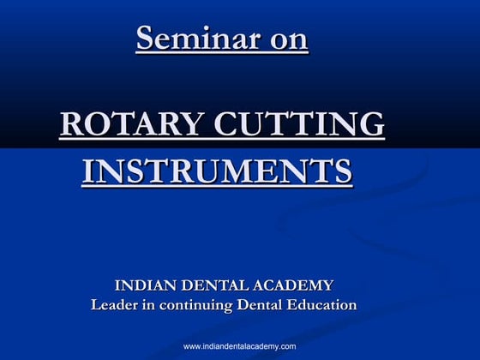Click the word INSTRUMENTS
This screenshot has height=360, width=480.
[217, 171]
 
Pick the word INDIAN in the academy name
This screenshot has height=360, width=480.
[147, 285]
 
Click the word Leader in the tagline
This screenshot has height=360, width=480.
[115, 304]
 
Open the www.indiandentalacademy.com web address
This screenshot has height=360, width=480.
[240, 346]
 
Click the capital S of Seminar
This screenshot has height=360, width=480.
[145, 40]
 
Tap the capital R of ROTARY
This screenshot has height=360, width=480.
[70, 124]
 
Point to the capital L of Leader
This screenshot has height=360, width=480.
[96, 304]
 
